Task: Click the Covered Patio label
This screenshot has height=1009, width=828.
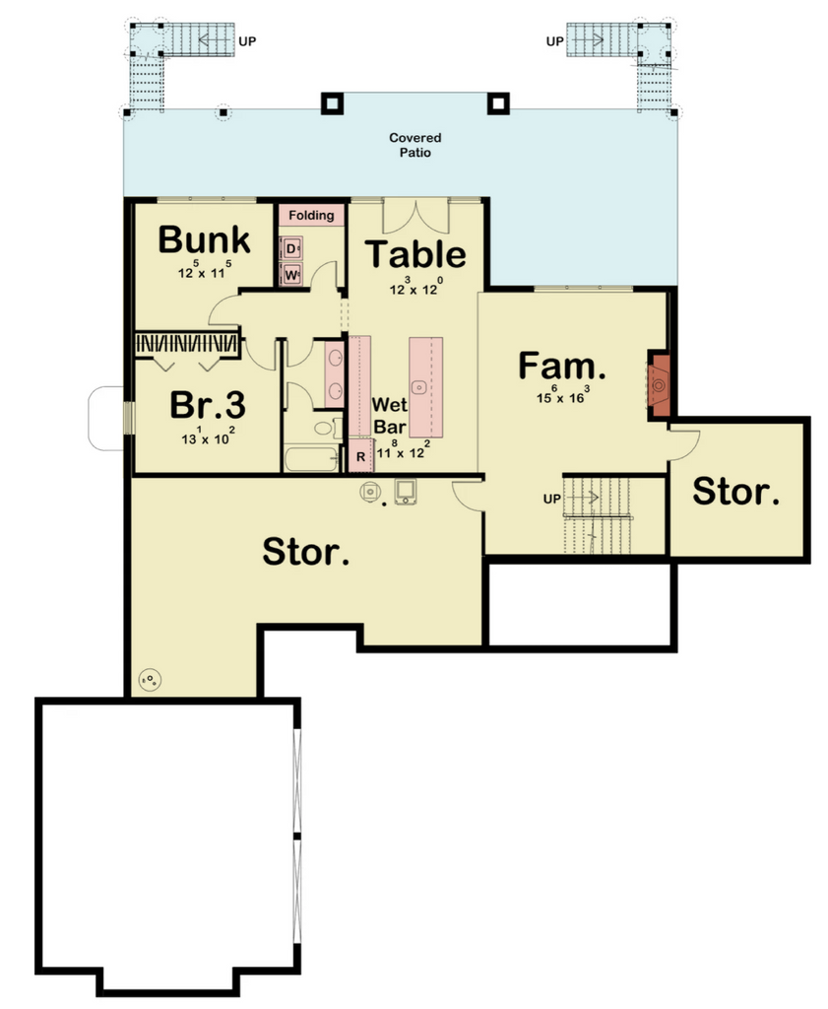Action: pyautogui.click(x=414, y=145)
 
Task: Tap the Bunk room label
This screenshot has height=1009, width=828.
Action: pyautogui.click(x=204, y=240)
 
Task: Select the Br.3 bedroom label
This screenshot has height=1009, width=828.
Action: pyautogui.click(x=208, y=405)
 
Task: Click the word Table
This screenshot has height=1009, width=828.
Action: pyautogui.click(x=415, y=253)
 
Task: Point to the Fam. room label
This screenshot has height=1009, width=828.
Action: pyautogui.click(x=562, y=366)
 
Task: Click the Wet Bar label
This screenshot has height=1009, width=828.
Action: pyautogui.click(x=390, y=416)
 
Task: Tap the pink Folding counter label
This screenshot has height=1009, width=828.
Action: pyautogui.click(x=311, y=215)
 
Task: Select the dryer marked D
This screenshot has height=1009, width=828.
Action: pyautogui.click(x=291, y=248)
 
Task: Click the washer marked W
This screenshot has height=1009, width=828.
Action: pyautogui.click(x=291, y=275)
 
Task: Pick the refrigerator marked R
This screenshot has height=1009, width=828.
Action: pyautogui.click(x=360, y=456)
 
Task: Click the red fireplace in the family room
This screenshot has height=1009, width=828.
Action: pyautogui.click(x=659, y=385)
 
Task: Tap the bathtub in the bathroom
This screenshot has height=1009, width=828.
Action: pyautogui.click(x=312, y=459)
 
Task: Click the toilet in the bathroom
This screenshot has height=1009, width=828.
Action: pyautogui.click(x=328, y=428)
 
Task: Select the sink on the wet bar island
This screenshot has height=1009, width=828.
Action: pyautogui.click(x=419, y=386)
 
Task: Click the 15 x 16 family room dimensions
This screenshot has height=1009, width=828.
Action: pyautogui.click(x=562, y=395)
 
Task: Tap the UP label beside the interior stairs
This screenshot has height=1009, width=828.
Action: pyautogui.click(x=551, y=499)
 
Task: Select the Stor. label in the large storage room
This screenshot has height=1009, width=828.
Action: pyautogui.click(x=306, y=552)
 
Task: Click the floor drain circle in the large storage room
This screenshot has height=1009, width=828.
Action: pyautogui.click(x=150, y=680)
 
